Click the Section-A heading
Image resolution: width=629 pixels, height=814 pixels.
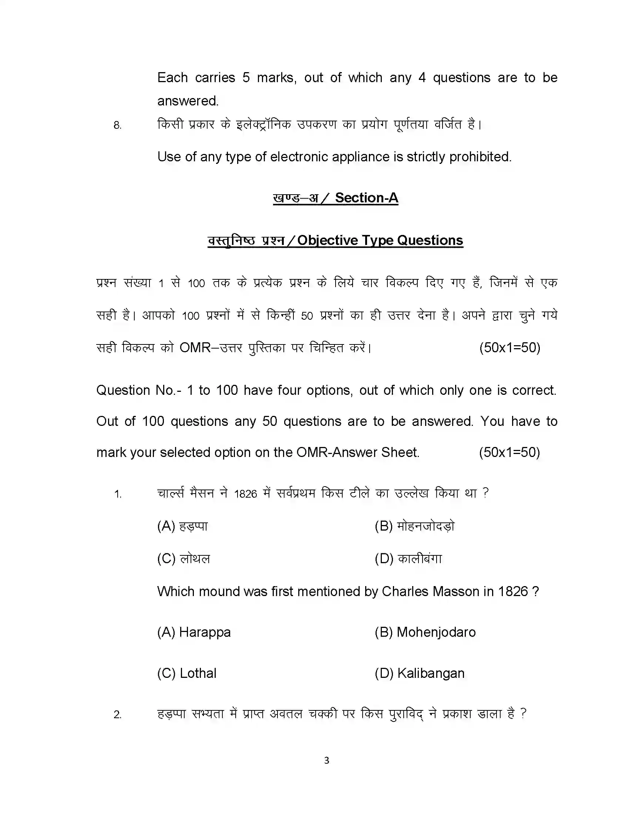pyautogui.click(x=366, y=198)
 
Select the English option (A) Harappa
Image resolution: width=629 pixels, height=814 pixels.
pyautogui.click(x=194, y=632)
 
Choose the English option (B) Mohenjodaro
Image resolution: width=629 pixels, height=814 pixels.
pyautogui.click(x=425, y=632)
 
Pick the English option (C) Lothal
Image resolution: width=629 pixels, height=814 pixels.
pyautogui.click(x=187, y=673)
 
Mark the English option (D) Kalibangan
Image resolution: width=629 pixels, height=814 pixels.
pyautogui.click(x=420, y=673)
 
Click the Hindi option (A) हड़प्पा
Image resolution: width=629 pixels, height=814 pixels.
pyautogui.click(x=182, y=526)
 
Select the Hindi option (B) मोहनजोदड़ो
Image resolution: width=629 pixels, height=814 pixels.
pyautogui.click(x=414, y=526)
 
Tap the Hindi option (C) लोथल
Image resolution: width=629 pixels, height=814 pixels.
pyautogui.click(x=184, y=558)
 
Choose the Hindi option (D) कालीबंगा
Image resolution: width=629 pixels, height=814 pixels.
pyautogui.click(x=408, y=558)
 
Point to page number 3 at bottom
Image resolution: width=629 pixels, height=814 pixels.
pyautogui.click(x=326, y=760)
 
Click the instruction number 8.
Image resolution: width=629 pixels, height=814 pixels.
pyautogui.click(x=117, y=125)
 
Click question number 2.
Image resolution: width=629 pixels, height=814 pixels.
pyautogui.click(x=117, y=714)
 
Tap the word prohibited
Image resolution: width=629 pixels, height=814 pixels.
pyautogui.click(x=480, y=157)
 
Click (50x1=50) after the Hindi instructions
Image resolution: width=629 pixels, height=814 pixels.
pyautogui.click(x=509, y=348)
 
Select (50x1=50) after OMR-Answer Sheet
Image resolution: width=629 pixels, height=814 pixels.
pyautogui.click(x=509, y=452)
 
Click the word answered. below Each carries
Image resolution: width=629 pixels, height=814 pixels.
pyautogui.click(x=188, y=101)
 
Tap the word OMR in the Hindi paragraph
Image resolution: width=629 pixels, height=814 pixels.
pyautogui.click(x=195, y=348)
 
